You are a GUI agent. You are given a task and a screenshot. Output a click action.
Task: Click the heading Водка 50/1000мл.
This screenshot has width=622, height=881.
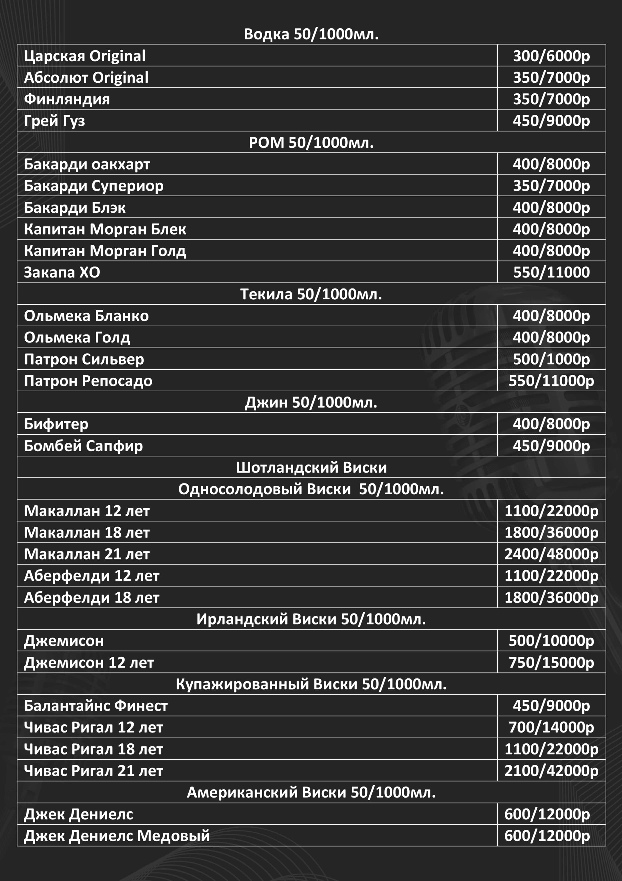311,34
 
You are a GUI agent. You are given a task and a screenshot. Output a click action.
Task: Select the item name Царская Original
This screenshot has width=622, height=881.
85,56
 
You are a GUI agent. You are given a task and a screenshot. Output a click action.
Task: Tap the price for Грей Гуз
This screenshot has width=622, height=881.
551,121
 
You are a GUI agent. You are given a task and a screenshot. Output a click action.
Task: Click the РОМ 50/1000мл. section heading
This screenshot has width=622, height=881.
311,142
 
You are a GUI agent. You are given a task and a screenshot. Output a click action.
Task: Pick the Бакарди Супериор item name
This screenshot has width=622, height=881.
94,186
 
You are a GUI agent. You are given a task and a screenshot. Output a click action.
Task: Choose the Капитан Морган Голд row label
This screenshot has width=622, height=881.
105,251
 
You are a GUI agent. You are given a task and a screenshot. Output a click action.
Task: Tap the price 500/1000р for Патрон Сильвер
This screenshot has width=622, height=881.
551,359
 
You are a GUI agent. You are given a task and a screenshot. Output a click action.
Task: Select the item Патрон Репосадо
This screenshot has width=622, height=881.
88,381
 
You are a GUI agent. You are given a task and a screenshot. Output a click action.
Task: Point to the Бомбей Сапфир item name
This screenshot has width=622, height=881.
83,446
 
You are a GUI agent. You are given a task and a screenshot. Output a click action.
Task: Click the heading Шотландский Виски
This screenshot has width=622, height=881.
311,467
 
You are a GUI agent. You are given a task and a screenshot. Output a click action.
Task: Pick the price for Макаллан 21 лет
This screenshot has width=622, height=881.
551,554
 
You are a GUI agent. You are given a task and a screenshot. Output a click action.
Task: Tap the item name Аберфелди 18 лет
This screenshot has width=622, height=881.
92,597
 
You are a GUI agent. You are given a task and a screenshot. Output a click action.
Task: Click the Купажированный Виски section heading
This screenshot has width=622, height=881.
311,684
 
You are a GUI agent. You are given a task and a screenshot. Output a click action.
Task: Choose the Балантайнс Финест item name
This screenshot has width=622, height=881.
96,706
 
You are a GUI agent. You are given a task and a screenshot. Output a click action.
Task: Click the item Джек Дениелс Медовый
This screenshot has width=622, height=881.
117,836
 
